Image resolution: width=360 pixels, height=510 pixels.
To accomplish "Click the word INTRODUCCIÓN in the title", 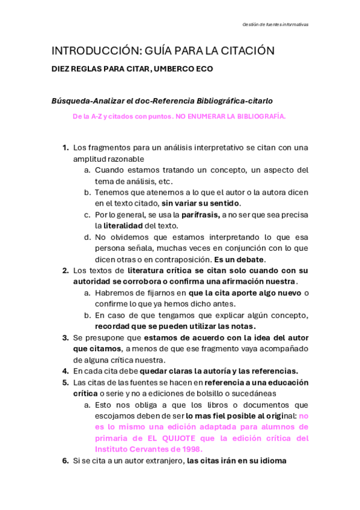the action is coord(87,51).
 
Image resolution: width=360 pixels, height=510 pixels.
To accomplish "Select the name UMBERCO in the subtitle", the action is coord(172,69).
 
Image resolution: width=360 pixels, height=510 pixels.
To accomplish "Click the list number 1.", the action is coord(66,147).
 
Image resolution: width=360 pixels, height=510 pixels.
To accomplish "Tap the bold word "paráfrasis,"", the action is coord(201,215).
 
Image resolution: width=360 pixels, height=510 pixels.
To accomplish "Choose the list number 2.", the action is coord(66,271).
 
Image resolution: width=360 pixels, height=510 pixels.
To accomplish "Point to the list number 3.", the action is coord(66,338).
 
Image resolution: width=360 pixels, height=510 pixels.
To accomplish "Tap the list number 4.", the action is coord(66,372).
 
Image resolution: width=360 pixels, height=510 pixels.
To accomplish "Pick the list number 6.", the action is coord(66,462).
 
